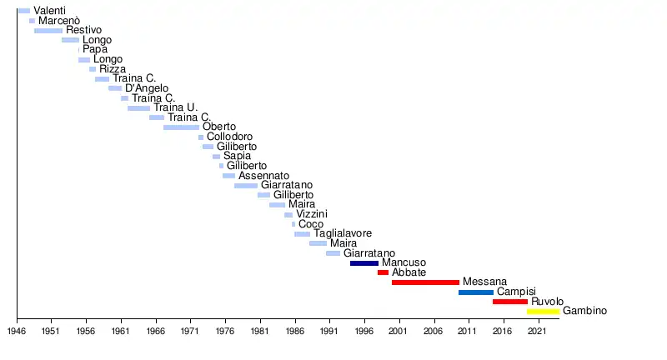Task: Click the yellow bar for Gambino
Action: [543, 311]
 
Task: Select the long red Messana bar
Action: [425, 282]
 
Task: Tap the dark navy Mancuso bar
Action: [364, 263]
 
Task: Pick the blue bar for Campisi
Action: [475, 292]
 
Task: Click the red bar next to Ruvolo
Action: [509, 302]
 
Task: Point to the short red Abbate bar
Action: [383, 272]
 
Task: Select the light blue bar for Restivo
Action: [48, 31]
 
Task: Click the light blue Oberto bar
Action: [181, 127]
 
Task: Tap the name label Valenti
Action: [49, 11]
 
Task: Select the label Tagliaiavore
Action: [343, 234]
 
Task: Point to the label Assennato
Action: [263, 176]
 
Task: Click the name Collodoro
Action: [229, 137]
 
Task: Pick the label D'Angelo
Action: [147, 88]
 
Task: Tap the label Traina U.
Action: [175, 107]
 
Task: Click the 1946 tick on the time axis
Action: [17, 331]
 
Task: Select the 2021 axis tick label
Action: [538, 331]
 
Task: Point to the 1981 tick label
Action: [260, 331]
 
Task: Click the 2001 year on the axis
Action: [399, 331]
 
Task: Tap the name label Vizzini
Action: [312, 214]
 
